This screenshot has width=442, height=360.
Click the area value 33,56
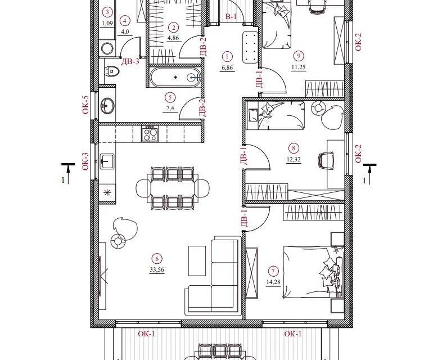(157, 270)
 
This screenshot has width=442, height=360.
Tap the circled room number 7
(273, 272)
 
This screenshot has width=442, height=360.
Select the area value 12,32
(294, 159)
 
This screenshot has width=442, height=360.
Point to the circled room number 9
(299, 56)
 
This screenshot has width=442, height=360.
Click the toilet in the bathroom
(112, 71)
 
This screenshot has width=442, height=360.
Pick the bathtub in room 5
(175, 76)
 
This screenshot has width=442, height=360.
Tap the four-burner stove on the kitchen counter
(150, 133)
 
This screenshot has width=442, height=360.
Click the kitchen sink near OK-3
(107, 161)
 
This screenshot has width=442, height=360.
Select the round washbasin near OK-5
(107, 105)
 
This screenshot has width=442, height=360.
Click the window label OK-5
(85, 105)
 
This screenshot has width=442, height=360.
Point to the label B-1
(231, 17)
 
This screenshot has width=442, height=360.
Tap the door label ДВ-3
(130, 62)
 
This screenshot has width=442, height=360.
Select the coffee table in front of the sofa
(197, 261)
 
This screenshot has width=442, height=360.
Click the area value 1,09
(107, 24)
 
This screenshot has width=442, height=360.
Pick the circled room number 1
(227, 56)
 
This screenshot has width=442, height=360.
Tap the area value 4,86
(173, 38)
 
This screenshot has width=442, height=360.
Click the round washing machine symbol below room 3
(107, 48)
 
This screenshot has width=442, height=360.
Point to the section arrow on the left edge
(68, 172)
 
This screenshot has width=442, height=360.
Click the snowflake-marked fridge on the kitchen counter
(107, 193)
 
